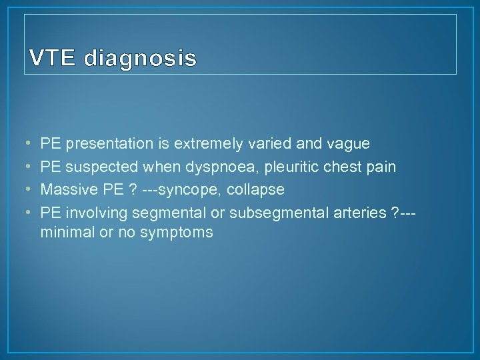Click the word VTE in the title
point(53,59)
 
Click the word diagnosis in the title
point(140,60)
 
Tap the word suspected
point(99,167)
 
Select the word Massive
point(65,190)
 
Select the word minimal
point(65,233)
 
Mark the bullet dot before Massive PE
point(26,190)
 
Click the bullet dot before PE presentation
point(26,143)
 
